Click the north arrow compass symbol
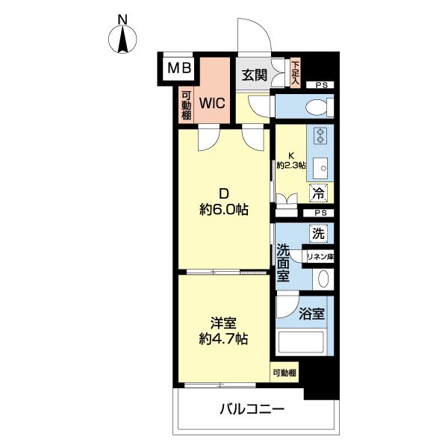click(x=122, y=39)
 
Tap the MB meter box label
click(x=179, y=68)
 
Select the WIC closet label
click(x=212, y=103)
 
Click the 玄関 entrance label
click(x=255, y=75)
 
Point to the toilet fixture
click(x=320, y=107)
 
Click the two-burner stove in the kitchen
click(x=320, y=136)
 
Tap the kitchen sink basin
click(x=320, y=168)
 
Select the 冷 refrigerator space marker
click(x=318, y=193)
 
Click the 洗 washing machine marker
click(x=318, y=234)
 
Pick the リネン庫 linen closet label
click(x=320, y=257)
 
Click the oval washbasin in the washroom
click(x=323, y=279)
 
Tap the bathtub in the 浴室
click(x=301, y=343)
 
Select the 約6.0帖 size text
click(x=224, y=210)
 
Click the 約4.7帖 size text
click(x=223, y=339)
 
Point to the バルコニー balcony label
click(x=252, y=409)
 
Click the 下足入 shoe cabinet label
click(x=296, y=73)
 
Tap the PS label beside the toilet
click(x=321, y=85)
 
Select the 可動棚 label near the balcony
click(x=284, y=373)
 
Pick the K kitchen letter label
click(x=291, y=156)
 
